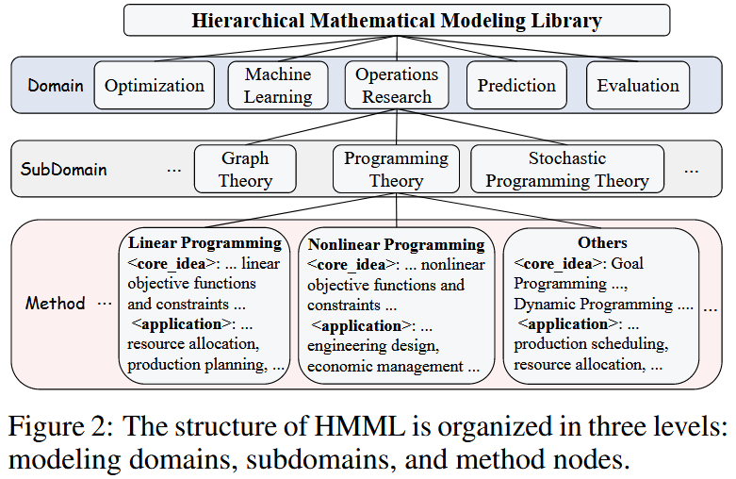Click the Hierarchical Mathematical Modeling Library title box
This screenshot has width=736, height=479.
click(x=397, y=20)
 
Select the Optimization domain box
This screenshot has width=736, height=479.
click(x=155, y=86)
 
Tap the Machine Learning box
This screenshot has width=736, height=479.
click(x=278, y=85)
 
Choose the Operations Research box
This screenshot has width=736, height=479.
click(x=397, y=85)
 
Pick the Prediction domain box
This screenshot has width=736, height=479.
click(x=516, y=86)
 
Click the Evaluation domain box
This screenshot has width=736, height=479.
click(x=638, y=86)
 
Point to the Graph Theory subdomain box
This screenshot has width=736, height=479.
click(x=245, y=170)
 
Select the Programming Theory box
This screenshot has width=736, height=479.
click(x=396, y=170)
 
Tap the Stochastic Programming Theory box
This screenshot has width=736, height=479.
click(x=566, y=170)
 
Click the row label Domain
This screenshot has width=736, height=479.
click(x=56, y=86)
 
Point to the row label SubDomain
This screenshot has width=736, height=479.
click(x=63, y=171)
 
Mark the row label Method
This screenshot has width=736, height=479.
click(x=56, y=304)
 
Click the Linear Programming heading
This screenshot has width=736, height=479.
click(x=204, y=242)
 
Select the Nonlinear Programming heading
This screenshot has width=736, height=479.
click(x=397, y=244)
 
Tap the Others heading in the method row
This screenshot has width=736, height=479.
click(x=602, y=242)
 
